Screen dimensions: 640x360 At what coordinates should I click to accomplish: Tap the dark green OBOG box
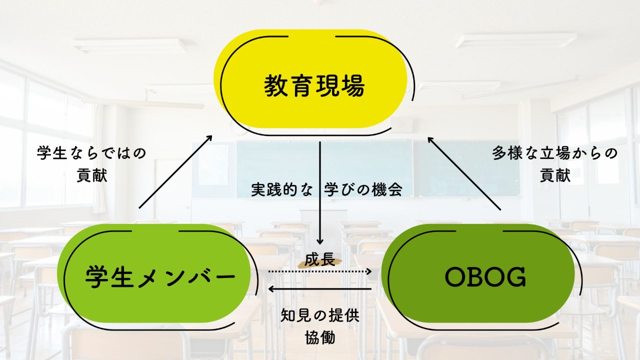(x=478, y=273)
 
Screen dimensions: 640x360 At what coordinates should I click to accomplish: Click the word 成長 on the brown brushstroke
(x=319, y=260)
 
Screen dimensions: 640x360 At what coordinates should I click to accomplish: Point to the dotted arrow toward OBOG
(x=319, y=271)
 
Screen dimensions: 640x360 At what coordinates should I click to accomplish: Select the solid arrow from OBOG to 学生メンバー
(x=319, y=289)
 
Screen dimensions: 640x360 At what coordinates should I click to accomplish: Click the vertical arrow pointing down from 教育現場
(x=320, y=193)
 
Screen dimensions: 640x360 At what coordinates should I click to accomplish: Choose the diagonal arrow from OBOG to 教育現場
(x=464, y=173)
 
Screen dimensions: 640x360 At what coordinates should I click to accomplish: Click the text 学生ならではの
(x=91, y=153)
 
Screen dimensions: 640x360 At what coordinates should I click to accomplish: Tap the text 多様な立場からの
(x=555, y=153)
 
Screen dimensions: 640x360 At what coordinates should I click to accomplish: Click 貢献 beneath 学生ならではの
(x=91, y=175)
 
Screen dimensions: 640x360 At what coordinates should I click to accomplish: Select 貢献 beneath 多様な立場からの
(x=555, y=175)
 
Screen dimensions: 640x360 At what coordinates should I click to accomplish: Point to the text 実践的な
(x=281, y=189)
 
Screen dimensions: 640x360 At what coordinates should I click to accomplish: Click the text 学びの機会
(x=363, y=189)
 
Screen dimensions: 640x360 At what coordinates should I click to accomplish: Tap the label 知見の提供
(x=319, y=315)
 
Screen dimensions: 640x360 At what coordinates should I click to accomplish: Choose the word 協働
(x=319, y=337)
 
